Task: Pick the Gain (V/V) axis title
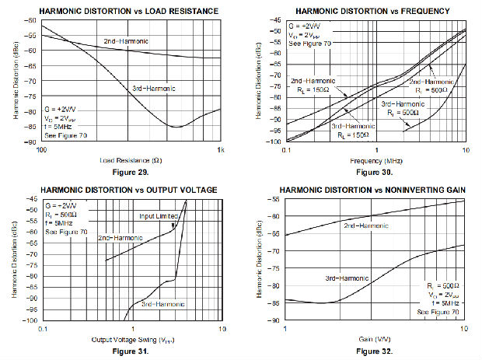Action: tap(375, 340)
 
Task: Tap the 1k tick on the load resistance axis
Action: tap(220, 150)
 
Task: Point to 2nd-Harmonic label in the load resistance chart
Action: tap(125, 40)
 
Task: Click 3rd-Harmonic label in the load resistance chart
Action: tap(152, 88)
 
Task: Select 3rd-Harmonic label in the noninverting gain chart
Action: tap(348, 276)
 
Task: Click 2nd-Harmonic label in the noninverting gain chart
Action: tap(365, 224)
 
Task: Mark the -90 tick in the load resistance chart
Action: tap(32, 142)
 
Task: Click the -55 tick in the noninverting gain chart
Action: tap(276, 199)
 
